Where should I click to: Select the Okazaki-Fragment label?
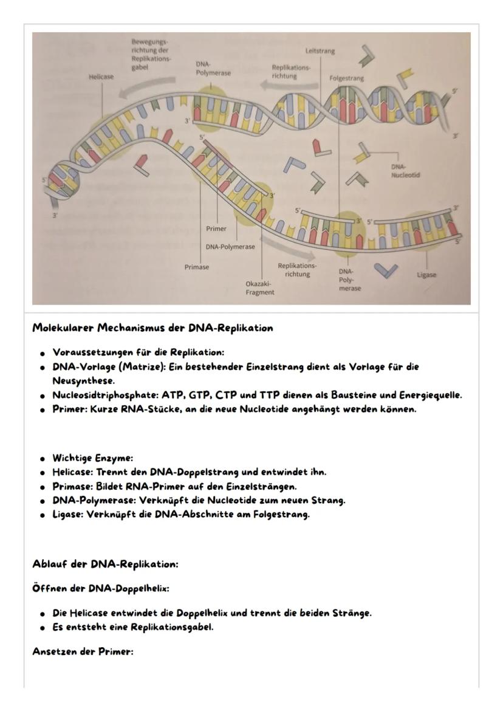[x=259, y=287]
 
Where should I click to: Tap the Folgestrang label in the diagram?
[x=347, y=78]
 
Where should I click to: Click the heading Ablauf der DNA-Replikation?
[x=104, y=565]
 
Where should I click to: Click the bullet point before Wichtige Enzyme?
[x=43, y=458]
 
